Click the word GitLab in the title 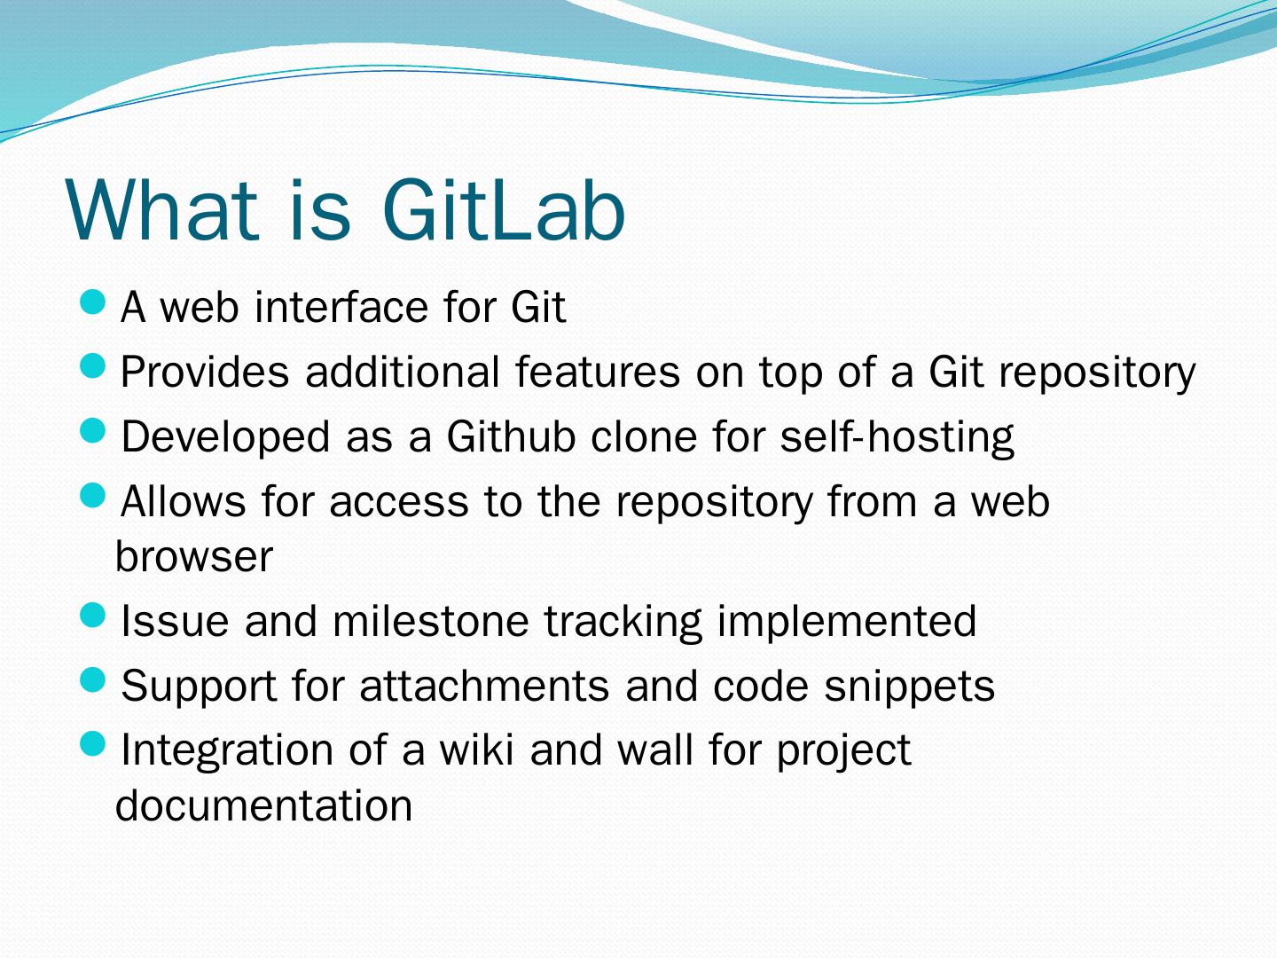click(504, 210)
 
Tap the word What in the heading click(162, 210)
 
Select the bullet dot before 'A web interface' click(92, 302)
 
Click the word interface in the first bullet click(342, 306)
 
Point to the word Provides click(205, 371)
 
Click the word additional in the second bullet click(403, 371)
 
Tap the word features click(598, 371)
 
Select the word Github click(512, 436)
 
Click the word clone click(644, 436)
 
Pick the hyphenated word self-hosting click(897, 437)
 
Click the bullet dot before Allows click(92, 496)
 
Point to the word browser click(194, 556)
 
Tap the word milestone click(431, 621)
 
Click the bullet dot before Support click(92, 679)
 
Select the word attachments click(484, 685)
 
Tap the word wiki click(476, 750)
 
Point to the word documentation click(264, 805)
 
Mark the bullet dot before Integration click(92, 743)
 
